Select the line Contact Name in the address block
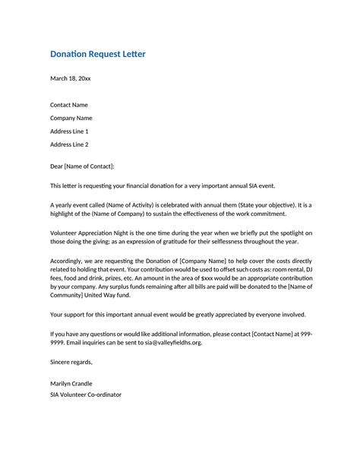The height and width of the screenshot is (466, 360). [x=69, y=104]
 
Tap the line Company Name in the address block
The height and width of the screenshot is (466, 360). [x=71, y=118]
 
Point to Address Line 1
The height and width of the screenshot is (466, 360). [x=69, y=131]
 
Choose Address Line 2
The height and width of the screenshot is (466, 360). [x=69, y=144]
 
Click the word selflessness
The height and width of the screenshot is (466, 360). [x=228, y=242]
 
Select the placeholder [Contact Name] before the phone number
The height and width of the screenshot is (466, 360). [x=269, y=333]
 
